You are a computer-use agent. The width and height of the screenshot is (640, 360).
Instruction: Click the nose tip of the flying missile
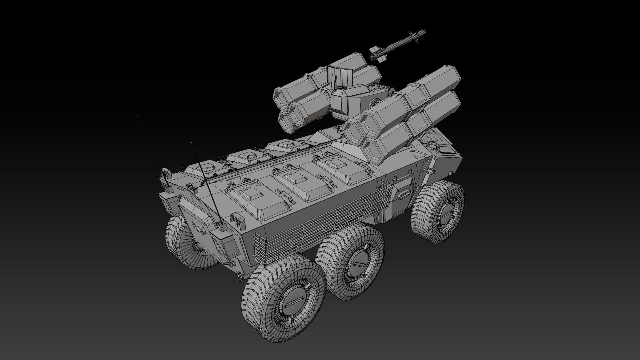click(425, 31)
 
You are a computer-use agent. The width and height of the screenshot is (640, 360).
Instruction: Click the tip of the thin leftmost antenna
click(137, 116)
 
